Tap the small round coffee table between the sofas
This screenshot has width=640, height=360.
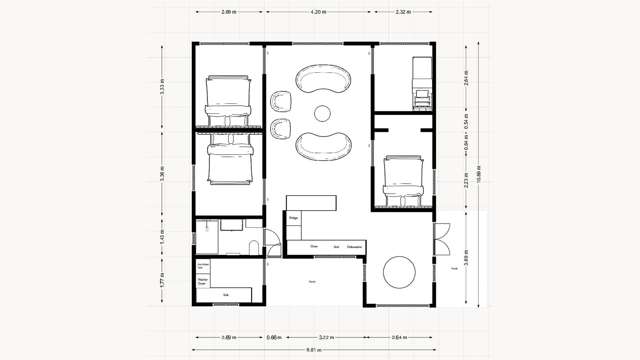[323, 112]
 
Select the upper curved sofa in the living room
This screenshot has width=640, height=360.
[324, 81]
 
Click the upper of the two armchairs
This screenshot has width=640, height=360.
[281, 101]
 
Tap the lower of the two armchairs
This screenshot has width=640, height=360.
[281, 128]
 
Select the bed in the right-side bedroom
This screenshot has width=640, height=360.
[405, 180]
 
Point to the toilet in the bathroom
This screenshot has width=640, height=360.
[254, 246]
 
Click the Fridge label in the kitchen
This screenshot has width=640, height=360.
[295, 216]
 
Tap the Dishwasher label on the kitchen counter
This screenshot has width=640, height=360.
[354, 245]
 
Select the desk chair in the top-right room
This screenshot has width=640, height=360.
[421, 97]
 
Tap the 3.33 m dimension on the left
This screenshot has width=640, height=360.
[162, 89]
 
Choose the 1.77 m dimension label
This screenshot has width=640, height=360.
[162, 282]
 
